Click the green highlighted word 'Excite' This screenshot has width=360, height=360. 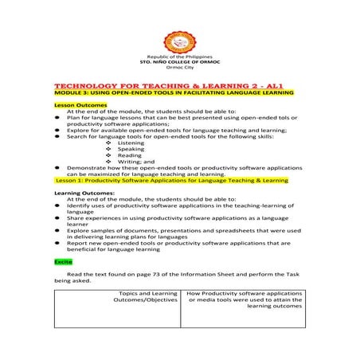tap(64, 260)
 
